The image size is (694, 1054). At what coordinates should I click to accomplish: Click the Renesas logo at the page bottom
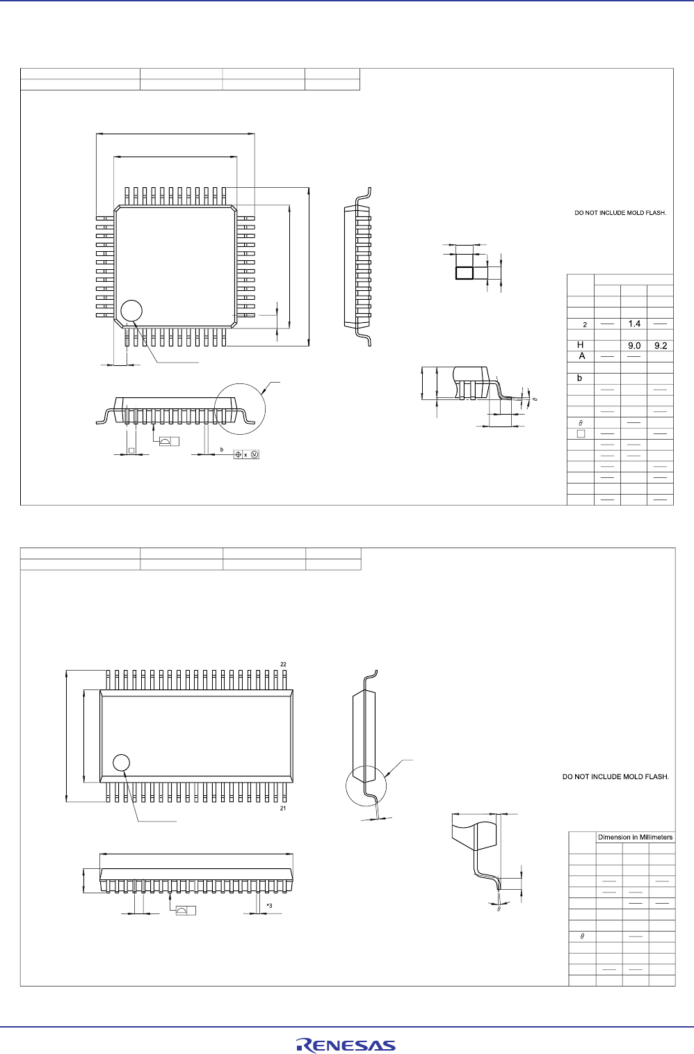[346, 1045]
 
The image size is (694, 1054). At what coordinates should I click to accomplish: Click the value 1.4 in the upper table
[634, 324]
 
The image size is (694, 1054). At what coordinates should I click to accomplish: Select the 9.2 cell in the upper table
[660, 345]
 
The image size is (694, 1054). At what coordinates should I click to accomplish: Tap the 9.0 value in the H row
[634, 345]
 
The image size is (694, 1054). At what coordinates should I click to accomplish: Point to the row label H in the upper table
[581, 345]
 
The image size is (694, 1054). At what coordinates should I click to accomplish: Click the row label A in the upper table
[581, 356]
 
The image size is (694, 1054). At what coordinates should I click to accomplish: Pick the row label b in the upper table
[580, 378]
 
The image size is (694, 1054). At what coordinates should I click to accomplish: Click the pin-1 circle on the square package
[131, 311]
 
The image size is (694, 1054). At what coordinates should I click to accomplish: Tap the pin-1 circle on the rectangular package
[122, 762]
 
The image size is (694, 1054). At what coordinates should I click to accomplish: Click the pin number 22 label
[283, 664]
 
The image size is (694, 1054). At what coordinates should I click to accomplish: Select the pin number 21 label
[283, 808]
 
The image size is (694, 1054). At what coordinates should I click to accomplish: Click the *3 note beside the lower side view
[269, 905]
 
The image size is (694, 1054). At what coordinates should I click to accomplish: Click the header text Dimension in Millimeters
[635, 837]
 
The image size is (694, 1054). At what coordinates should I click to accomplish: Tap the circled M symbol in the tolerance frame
[255, 454]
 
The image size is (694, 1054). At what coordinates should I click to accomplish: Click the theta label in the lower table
[581, 937]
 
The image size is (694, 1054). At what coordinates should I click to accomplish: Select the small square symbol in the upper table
[581, 433]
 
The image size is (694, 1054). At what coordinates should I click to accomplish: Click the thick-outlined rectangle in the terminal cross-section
[464, 273]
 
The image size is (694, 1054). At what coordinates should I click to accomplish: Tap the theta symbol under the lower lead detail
[499, 909]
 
